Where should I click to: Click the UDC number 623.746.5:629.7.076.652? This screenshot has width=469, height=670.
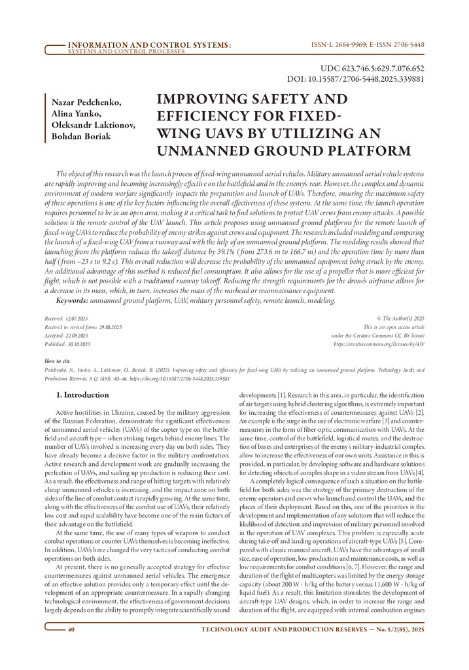[x=372, y=68]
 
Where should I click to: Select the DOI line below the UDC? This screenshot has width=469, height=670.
[x=356, y=79]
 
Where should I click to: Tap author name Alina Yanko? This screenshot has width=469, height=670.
[x=73, y=114]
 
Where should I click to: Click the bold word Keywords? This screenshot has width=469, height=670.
[x=72, y=300]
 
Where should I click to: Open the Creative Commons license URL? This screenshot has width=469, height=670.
[x=379, y=343]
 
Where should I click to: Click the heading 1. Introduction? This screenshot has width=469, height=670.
[x=82, y=395]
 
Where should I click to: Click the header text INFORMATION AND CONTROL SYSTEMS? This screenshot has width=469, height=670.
[x=149, y=44]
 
